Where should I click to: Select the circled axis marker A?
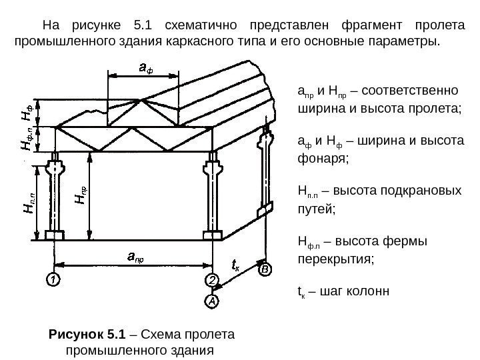[x=211, y=301]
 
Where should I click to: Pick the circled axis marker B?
[x=264, y=269]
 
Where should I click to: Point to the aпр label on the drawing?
[x=135, y=256]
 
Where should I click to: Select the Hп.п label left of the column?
[x=26, y=201]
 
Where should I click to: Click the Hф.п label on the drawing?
[x=25, y=139]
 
